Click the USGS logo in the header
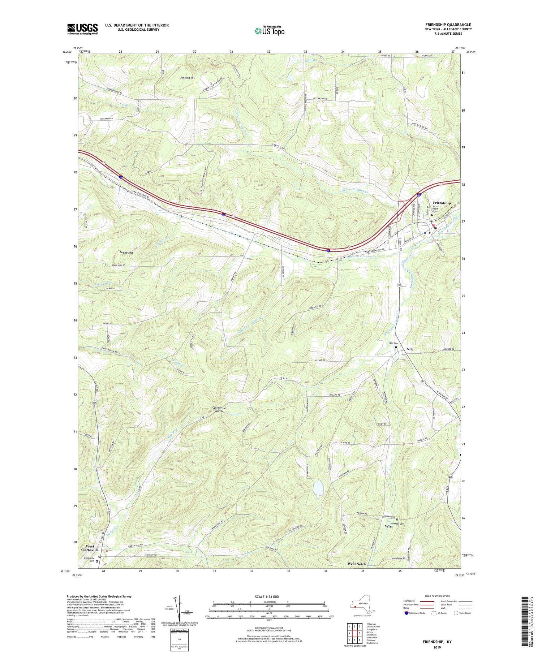pyautogui.click(x=82, y=29)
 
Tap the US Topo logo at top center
pyautogui.click(x=269, y=31)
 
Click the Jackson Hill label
pyautogui.click(x=188, y=78)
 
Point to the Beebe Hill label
pyautogui.click(x=126, y=253)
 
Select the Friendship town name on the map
pyautogui.click(x=442, y=203)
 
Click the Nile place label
pyautogui.click(x=410, y=349)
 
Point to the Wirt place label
pyautogui.click(x=389, y=526)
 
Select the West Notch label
pyautogui.click(x=357, y=564)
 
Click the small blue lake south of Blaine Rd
pyautogui.click(x=318, y=488)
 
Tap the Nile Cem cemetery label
pyautogui.click(x=393, y=343)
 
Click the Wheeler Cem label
pyautogui.click(x=397, y=523)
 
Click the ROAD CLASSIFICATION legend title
pyautogui.click(x=437, y=596)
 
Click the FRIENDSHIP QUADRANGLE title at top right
pyautogui.click(x=448, y=25)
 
